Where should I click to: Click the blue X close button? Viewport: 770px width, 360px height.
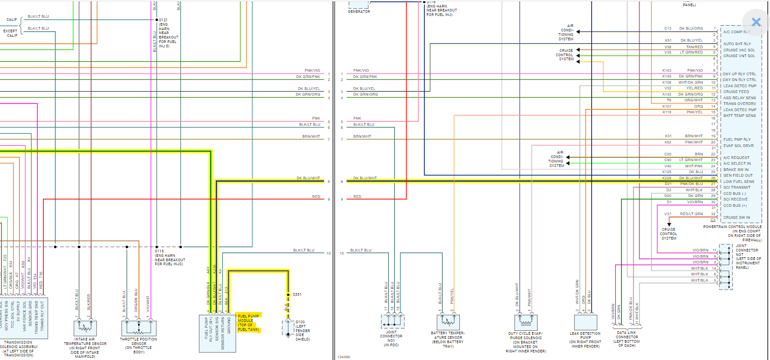coord(756,22)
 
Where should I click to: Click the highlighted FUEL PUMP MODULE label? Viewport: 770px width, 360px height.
coord(248,322)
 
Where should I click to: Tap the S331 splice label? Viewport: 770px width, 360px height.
coord(297,294)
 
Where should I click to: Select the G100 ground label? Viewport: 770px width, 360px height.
coord(300,322)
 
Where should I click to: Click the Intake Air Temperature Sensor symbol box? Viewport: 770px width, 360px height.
coord(85,328)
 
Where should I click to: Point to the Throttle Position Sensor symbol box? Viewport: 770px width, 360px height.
coord(139,328)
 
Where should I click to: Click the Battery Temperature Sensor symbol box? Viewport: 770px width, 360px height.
coord(448,322)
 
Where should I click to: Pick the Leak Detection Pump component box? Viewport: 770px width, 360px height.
coord(585,322)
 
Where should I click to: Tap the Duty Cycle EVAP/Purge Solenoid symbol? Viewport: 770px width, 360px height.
coord(526,322)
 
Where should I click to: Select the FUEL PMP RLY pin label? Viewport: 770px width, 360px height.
coord(737,139)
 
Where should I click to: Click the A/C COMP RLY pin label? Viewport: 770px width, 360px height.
coord(736,32)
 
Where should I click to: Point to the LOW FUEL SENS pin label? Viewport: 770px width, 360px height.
coord(739,182)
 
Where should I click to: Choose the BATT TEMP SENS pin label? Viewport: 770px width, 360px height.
coord(739,116)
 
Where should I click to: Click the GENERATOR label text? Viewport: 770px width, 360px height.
coord(359,12)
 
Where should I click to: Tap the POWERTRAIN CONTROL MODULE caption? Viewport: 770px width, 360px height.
coord(732,227)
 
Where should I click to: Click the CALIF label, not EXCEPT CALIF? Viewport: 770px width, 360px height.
coord(12,19)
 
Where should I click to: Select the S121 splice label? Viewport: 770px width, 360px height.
coord(163,20)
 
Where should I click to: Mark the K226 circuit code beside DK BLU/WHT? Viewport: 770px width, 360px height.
coord(666,178)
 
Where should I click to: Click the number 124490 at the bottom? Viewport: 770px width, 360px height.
coord(344,357)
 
